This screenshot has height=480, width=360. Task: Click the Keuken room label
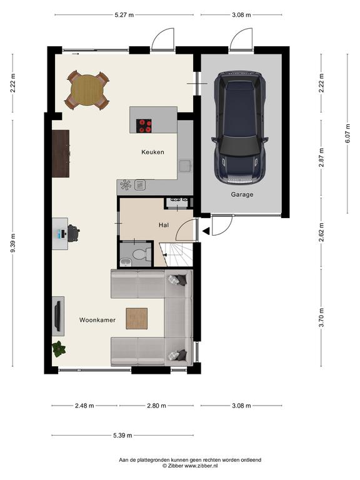coord(152,152)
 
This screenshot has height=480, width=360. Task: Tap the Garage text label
coord(242,194)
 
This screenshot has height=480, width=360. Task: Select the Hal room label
coord(164,225)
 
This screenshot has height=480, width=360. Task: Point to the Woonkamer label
coord(97,320)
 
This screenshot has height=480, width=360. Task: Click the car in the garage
coord(240,127)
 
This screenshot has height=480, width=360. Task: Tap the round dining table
coord(87,90)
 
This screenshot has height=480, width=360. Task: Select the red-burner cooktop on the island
coord(144,126)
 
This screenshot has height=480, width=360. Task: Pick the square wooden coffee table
coord(137,319)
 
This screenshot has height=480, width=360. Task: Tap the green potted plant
coord(59,349)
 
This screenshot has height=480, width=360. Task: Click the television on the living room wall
coord(57,314)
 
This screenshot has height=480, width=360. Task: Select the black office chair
coord(73,233)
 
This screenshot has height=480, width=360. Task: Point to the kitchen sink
coord(185,166)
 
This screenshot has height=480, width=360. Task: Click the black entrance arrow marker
coord(206,231)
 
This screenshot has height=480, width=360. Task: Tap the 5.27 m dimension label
coord(124,15)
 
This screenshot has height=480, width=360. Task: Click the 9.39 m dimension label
coord(12,243)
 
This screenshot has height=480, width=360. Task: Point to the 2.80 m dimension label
coord(156,406)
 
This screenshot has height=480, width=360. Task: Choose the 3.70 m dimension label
coord(321,317)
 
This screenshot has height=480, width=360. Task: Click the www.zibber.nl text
coord(201,466)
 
